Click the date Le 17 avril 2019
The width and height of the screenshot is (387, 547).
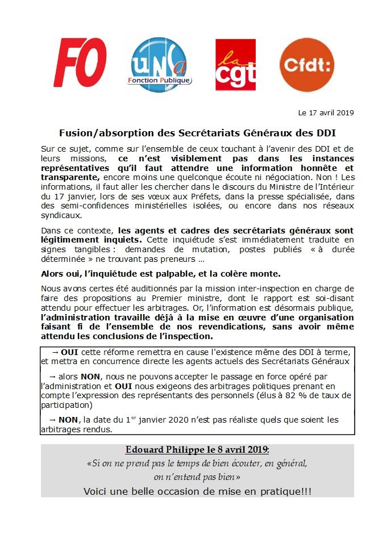[x=326, y=112]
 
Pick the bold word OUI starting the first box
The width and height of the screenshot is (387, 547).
[x=69, y=352]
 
